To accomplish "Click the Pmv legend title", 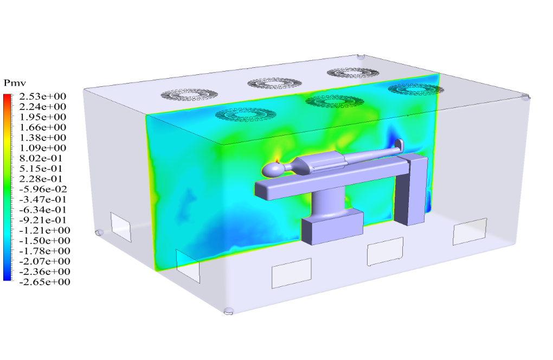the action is [x=15, y=83].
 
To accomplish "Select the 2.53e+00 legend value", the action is [x=43, y=97].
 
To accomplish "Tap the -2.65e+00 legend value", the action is [x=44, y=282].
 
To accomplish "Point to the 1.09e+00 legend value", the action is [x=43, y=147].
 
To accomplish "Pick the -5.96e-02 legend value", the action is [x=43, y=189].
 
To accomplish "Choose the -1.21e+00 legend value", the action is [x=44, y=230].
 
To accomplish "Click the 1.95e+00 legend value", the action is [x=43, y=117].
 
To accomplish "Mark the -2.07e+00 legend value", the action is [x=44, y=261].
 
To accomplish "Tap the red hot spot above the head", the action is [x=277, y=161].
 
